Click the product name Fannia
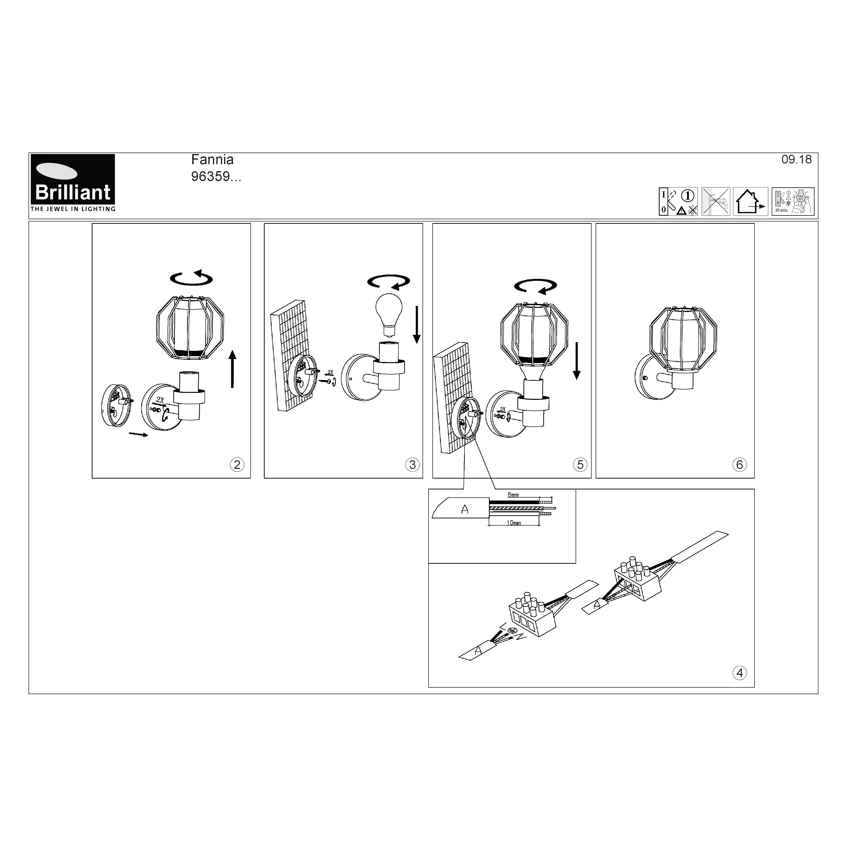(212, 160)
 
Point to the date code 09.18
(796, 160)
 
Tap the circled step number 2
(237, 465)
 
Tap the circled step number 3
(412, 465)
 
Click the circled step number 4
(740, 673)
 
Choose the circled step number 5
(580, 465)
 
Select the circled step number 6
(740, 465)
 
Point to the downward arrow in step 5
(577, 360)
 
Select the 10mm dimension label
(513, 523)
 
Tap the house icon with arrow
(750, 202)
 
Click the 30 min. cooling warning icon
(793, 202)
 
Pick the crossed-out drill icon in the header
(715, 202)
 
